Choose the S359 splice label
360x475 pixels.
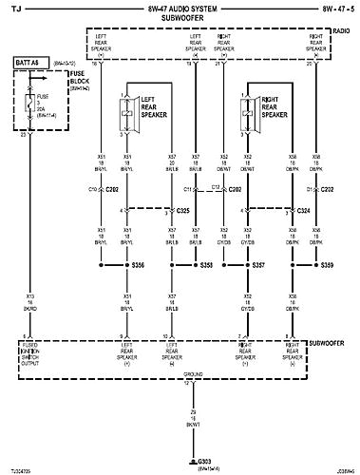click(328, 265)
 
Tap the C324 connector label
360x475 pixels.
click(304, 209)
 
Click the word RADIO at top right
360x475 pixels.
click(340, 30)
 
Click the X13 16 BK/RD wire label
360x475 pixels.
click(31, 303)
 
